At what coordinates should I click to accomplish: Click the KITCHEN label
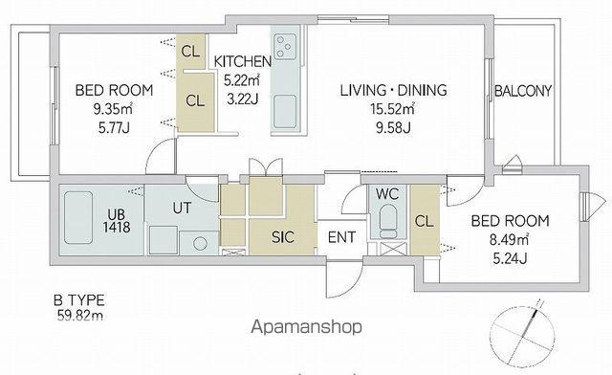(242, 61)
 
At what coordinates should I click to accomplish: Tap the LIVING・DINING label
(393, 90)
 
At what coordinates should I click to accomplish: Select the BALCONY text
(523, 91)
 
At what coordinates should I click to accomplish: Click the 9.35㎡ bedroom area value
(113, 109)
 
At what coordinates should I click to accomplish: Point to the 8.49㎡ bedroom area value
(509, 239)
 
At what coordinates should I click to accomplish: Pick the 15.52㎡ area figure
(392, 109)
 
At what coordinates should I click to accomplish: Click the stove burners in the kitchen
(285, 47)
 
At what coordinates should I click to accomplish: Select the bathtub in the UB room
(78, 217)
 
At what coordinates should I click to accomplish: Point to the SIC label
(283, 237)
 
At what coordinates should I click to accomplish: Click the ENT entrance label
(341, 237)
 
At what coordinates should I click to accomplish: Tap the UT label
(182, 208)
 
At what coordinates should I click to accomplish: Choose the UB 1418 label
(117, 221)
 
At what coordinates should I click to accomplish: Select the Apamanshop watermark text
(306, 327)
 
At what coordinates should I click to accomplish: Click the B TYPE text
(79, 300)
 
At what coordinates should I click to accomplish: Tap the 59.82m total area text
(80, 315)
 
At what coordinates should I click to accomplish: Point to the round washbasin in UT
(200, 243)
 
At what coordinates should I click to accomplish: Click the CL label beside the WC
(425, 222)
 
